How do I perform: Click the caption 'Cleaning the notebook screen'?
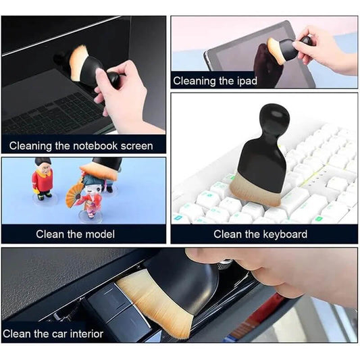coord(81,146)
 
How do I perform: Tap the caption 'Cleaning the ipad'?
coord(215,81)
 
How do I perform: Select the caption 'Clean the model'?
coord(75,234)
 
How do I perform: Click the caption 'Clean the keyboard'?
coord(260,234)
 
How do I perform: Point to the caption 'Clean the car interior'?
coord(53,334)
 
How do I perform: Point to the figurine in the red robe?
coord(43,179)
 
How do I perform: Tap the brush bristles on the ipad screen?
coord(276,51)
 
